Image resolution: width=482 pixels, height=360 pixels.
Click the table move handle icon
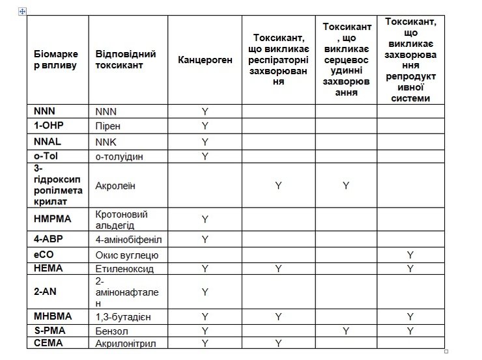pos(23,11)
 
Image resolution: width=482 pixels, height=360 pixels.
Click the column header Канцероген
pos(205,60)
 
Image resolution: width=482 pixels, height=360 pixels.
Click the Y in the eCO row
pos(410,255)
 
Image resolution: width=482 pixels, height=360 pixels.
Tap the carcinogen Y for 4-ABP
pos(205,240)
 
